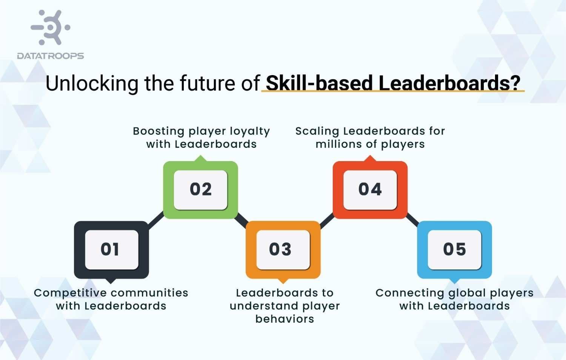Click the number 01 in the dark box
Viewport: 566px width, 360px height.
[x=110, y=249]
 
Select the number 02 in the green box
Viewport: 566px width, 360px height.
[x=201, y=189]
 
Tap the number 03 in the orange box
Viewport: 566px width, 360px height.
[x=280, y=249]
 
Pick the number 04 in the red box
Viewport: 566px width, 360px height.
[x=370, y=189]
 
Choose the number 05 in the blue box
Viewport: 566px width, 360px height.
[x=454, y=249]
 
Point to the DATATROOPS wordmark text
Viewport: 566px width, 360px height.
[x=51, y=56]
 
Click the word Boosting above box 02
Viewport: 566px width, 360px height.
[x=158, y=131]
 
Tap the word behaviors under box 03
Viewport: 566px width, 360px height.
[x=285, y=319]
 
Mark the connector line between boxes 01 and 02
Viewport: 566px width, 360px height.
[x=156, y=220]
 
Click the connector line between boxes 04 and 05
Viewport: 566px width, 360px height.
[x=412, y=220]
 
